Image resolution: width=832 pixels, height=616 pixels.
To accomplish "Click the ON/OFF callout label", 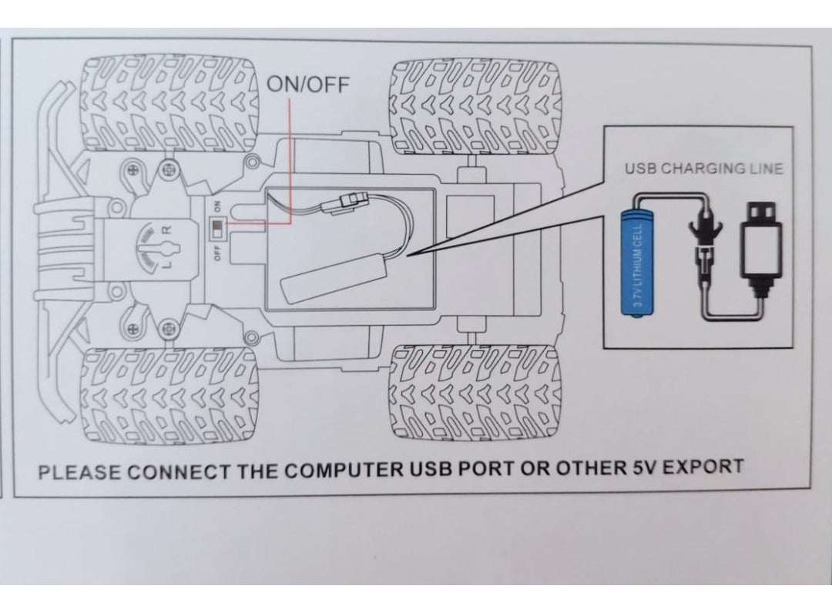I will pos(307,84).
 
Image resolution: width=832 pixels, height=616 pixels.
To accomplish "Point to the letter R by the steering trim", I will pos(170,230).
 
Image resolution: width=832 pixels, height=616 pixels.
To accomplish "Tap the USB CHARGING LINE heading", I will pos(703,169).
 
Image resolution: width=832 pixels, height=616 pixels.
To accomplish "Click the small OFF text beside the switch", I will pos(217,252).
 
